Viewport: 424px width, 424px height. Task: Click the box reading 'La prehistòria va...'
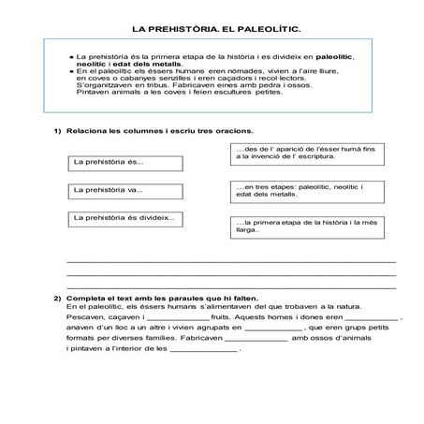tap(113, 191)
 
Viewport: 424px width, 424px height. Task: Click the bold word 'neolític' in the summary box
tap(91, 64)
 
